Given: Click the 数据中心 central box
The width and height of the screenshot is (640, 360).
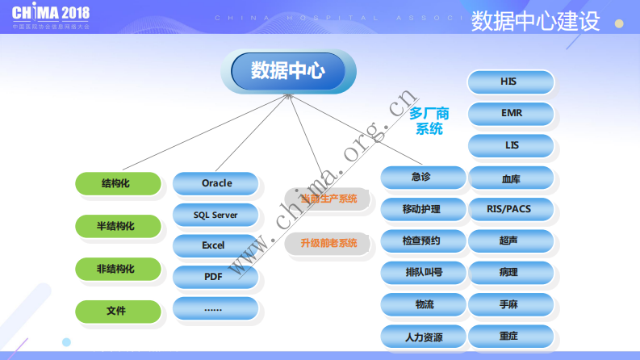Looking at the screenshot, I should (x=288, y=71).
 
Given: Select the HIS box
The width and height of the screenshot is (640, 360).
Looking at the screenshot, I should (x=511, y=82).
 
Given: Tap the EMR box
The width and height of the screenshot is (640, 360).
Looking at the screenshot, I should (x=511, y=114).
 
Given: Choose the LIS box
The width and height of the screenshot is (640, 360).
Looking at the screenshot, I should (x=511, y=145).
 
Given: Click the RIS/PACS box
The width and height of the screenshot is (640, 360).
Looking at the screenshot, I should (x=511, y=209).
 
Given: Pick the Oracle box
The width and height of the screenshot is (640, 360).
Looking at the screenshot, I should (x=215, y=183).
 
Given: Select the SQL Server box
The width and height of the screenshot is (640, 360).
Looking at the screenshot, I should (x=215, y=215).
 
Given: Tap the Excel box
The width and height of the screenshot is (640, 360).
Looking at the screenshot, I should (x=215, y=245).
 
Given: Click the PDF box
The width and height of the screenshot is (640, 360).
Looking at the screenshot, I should (x=215, y=277).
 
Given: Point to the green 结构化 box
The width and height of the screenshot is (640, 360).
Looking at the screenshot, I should (x=115, y=183).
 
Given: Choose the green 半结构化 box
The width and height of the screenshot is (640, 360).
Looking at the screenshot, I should (x=115, y=226).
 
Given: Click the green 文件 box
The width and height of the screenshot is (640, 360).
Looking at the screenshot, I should (x=115, y=310).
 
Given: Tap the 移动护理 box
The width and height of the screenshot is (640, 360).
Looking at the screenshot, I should (x=423, y=209).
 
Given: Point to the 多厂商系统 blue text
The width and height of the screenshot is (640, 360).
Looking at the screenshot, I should (x=429, y=121).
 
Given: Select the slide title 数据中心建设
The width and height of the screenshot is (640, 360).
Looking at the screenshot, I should (x=535, y=21).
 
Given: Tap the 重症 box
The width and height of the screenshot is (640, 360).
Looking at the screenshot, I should (x=511, y=335).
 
